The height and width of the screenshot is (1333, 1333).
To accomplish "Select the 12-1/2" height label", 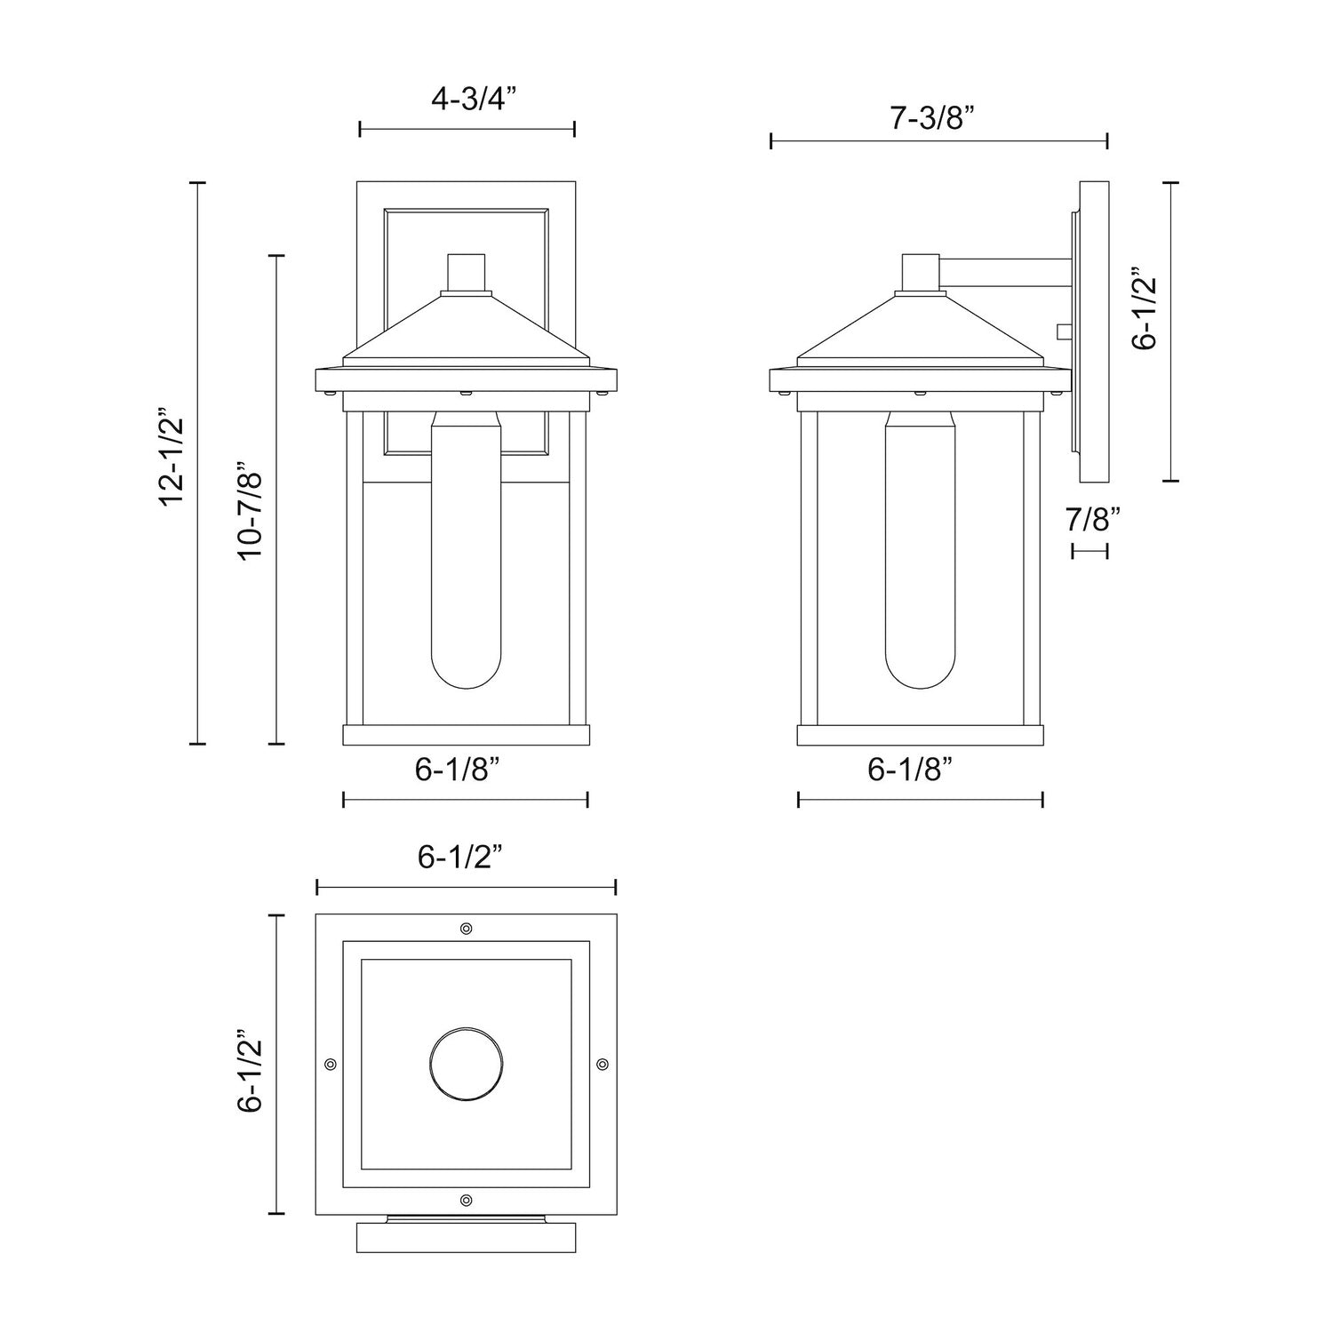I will [x=172, y=458].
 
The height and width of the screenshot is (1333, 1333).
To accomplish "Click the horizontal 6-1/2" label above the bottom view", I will [x=460, y=858].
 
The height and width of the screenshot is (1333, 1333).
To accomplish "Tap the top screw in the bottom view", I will [x=467, y=929].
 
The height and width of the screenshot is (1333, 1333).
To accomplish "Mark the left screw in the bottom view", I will [x=331, y=1064].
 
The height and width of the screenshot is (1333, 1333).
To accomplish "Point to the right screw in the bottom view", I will [x=603, y=1064].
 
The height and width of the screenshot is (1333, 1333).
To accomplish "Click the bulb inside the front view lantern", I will [x=467, y=551].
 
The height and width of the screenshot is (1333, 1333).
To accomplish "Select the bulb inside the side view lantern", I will [x=919, y=551].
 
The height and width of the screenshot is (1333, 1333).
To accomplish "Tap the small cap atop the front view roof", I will [x=467, y=273].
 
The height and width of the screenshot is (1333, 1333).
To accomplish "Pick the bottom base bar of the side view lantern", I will [x=920, y=735].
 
